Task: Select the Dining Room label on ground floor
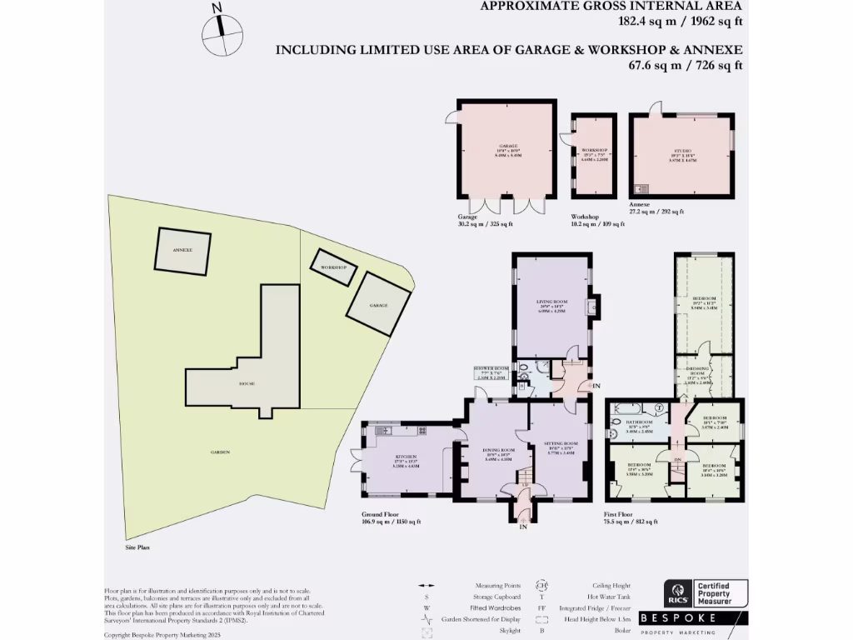click(x=497, y=454)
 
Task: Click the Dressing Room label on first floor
click(x=704, y=374)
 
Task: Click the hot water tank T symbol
click(x=658, y=407)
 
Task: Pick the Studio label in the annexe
click(x=682, y=153)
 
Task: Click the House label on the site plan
click(x=247, y=384)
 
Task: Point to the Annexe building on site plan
click(x=182, y=250)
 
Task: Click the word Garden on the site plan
click(x=220, y=452)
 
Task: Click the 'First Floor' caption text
click(x=620, y=514)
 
